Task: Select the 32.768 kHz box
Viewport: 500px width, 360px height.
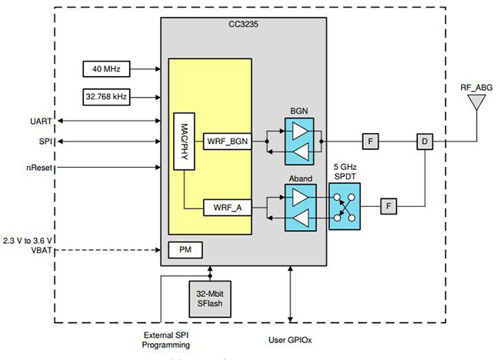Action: [x=105, y=97]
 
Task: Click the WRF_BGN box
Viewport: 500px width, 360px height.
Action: [x=225, y=141]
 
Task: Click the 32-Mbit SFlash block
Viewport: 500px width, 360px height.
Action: [x=209, y=296]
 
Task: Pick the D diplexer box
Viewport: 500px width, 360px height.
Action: [x=424, y=141]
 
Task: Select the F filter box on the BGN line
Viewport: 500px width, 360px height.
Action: [x=370, y=141]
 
